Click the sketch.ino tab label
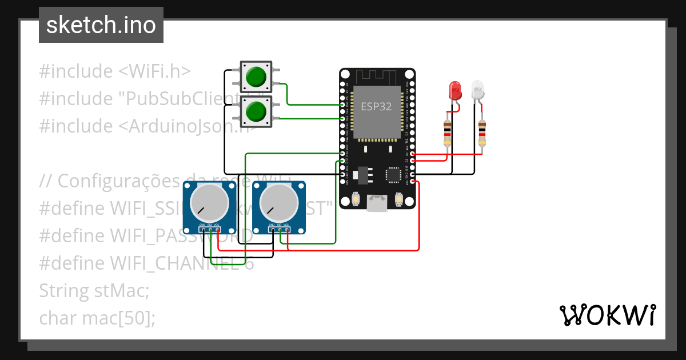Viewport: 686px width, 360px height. (x=101, y=25)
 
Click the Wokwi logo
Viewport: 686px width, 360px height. (x=607, y=315)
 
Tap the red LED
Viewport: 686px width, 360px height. (x=455, y=90)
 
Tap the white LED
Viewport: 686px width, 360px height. (x=477, y=90)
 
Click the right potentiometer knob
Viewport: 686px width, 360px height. (x=280, y=203)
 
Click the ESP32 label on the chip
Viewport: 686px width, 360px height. (x=377, y=106)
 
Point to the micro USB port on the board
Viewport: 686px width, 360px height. (x=377, y=202)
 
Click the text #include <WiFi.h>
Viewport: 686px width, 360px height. (x=114, y=71)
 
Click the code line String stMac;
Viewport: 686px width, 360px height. (x=94, y=290)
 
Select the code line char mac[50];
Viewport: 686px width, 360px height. (x=97, y=318)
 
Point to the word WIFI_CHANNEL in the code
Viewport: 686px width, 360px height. (x=166, y=263)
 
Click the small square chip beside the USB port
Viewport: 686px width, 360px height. (x=394, y=174)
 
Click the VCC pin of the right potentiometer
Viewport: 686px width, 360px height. (x=288, y=230)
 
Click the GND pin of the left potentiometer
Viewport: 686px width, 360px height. (x=203, y=230)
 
